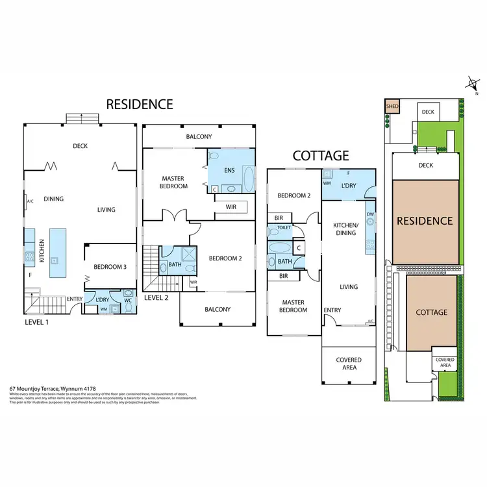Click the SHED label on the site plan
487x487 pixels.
click(392, 106)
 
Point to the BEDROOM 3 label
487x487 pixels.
click(110, 267)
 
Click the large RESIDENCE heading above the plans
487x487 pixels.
click(140, 104)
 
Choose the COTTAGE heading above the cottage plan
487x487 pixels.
click(321, 156)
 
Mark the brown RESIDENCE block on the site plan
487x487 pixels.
click(425, 221)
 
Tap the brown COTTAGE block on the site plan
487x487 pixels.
click(431, 312)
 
